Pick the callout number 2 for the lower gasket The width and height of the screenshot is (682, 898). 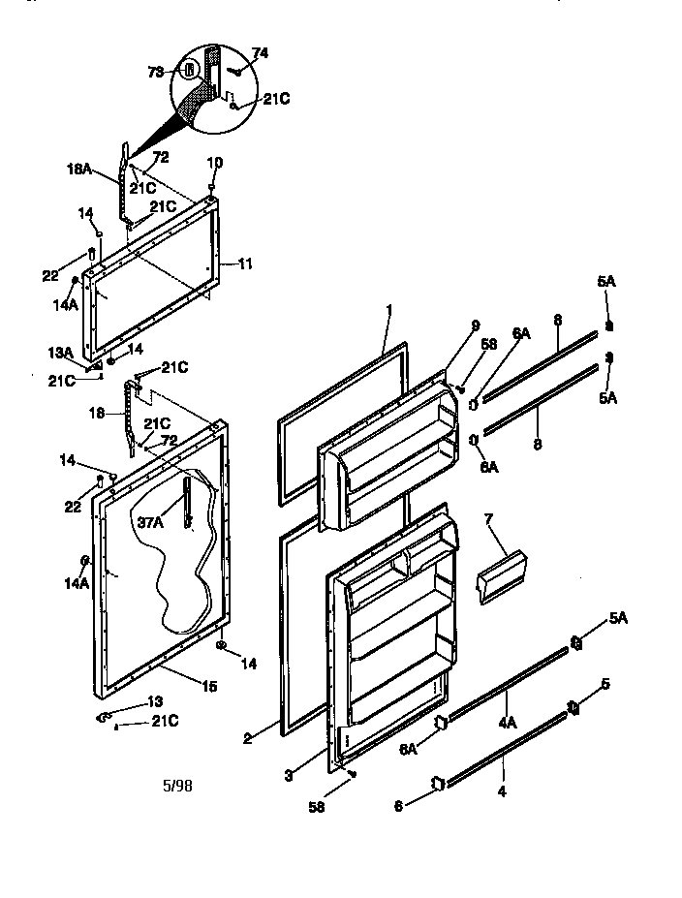click(x=248, y=738)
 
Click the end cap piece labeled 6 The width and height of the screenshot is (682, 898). click(x=436, y=782)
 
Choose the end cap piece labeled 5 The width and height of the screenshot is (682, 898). click(x=573, y=705)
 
